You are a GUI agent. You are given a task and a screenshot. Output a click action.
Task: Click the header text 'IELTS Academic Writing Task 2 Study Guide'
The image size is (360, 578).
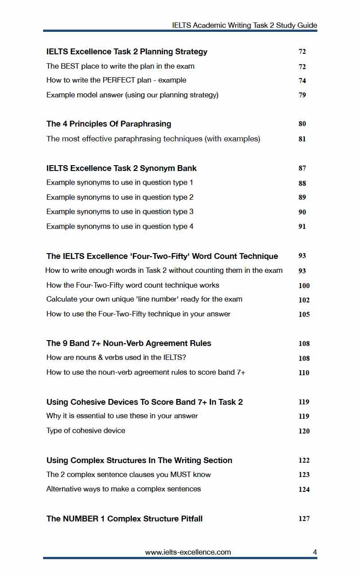tap(244, 25)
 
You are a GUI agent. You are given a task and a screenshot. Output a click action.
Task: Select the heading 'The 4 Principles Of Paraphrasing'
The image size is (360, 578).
tap(109, 124)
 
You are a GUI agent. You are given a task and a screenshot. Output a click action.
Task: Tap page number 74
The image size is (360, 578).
tap(302, 81)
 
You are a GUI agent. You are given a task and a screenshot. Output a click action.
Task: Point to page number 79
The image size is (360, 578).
tap(302, 95)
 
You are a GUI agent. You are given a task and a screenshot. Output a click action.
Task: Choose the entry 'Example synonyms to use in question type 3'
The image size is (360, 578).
tap(120, 212)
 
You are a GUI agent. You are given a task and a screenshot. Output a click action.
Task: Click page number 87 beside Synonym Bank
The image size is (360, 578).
tap(302, 168)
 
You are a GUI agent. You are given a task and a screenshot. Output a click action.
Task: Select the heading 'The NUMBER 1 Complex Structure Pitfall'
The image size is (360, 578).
tap(124, 519)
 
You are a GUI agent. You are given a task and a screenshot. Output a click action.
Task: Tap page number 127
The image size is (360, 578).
tap(304, 519)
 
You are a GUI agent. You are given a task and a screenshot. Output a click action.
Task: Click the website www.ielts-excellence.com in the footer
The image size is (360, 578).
tap(188, 552)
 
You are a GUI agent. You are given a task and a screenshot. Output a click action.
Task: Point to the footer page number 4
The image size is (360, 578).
tap(315, 552)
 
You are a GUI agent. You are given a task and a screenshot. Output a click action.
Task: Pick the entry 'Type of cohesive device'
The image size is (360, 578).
tap(86, 431)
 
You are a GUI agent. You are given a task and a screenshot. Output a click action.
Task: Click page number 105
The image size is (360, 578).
tap(304, 315)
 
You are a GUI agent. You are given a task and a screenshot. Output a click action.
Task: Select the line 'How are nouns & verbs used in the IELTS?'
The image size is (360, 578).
tap(117, 358)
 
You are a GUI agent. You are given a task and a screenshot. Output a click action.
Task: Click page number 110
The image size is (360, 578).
tap(304, 372)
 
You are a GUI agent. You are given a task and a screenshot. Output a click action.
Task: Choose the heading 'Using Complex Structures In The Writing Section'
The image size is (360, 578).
tap(139, 460)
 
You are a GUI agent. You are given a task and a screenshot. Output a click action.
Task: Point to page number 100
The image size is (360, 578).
tap(304, 286)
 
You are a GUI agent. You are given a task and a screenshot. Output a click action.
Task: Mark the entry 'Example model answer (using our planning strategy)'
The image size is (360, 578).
tap(132, 95)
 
